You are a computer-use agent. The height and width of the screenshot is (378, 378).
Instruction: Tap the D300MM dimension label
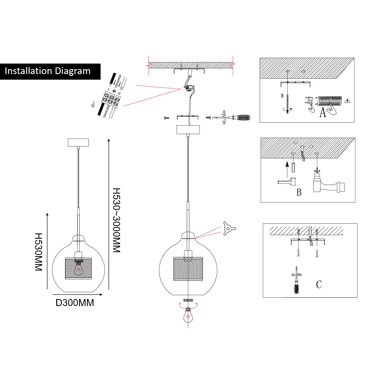75,303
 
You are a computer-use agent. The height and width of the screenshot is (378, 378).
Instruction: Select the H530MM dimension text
38,252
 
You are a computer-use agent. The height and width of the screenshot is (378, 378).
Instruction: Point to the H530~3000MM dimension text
116,220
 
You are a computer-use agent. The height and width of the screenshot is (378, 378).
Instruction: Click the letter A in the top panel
323,112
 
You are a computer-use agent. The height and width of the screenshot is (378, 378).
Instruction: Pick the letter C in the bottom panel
319,284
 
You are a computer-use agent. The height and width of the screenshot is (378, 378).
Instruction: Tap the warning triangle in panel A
347,101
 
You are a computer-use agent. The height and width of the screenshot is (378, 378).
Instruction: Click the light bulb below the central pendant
188,315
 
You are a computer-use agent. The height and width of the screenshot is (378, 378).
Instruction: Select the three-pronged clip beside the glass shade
228,228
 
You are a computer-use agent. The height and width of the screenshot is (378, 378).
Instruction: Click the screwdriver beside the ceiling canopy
234,118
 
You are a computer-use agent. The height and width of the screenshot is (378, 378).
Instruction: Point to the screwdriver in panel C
297,283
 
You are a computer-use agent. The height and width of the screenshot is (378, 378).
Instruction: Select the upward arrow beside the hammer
286,167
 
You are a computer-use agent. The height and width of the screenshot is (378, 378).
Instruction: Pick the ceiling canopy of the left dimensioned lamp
78,143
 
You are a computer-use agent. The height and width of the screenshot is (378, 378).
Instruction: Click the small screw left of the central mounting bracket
166,118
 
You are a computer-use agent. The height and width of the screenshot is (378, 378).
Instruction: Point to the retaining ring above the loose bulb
188,300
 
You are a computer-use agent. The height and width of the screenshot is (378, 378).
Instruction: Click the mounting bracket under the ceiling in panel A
296,83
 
